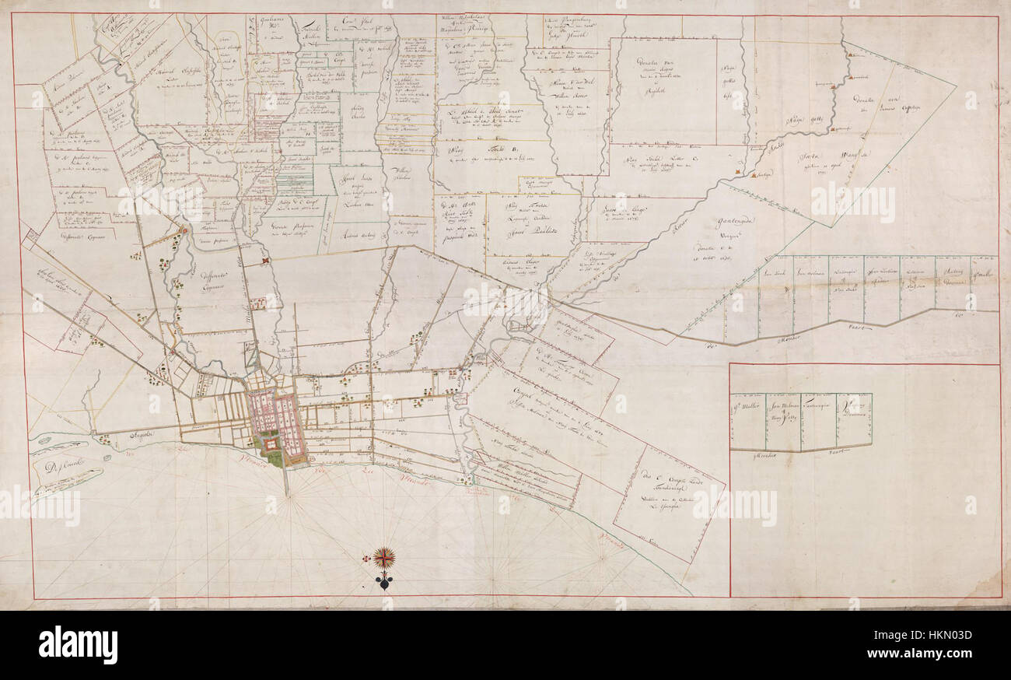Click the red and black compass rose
click(383, 557)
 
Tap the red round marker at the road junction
click(185, 230)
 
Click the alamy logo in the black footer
click(78, 645)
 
